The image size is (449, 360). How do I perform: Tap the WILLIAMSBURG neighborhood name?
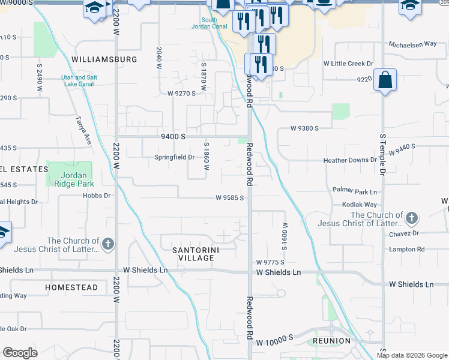pyautogui.click(x=104, y=59)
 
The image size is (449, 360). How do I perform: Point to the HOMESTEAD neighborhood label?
pyautogui.click(x=71, y=287)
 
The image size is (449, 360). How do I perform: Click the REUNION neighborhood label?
pyautogui.click(x=331, y=341)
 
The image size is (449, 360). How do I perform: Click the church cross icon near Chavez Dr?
pyautogui.click(x=411, y=217)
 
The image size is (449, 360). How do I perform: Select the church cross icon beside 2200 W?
pyautogui.click(x=107, y=244)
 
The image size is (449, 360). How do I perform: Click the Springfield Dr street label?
pyautogui.click(x=175, y=157)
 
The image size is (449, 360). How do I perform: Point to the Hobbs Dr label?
pyautogui.click(x=97, y=196)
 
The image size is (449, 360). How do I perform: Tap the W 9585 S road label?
pyautogui.click(x=229, y=197)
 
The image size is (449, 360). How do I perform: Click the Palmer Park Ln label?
pyautogui.click(x=354, y=192)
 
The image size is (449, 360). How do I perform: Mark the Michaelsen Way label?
pyautogui.click(x=412, y=44)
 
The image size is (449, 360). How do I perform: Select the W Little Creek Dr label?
pyautogui.click(x=348, y=64)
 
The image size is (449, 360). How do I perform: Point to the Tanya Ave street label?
pyautogui.click(x=83, y=130)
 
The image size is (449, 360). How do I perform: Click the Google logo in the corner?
pyautogui.click(x=20, y=353)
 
